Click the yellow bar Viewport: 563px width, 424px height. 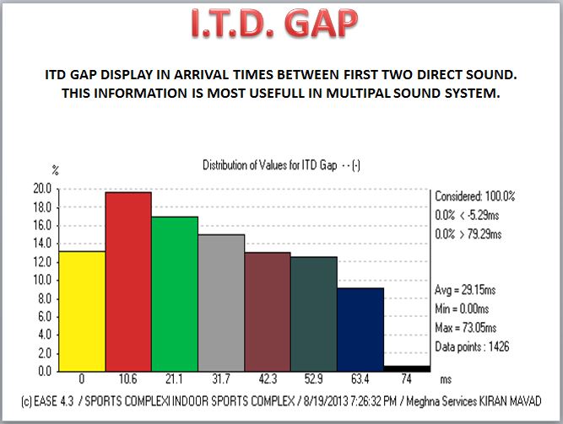click(81, 311)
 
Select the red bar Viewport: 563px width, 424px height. click(127, 282)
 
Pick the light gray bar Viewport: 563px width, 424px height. click(220, 303)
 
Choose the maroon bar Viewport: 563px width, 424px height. click(267, 311)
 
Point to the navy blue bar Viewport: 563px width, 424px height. click(360, 329)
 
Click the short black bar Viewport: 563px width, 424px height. click(406, 368)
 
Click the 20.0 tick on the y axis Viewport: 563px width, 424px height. click(41, 188)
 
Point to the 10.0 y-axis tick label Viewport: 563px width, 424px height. click(41, 280)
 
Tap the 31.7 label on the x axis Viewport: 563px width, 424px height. click(221, 378)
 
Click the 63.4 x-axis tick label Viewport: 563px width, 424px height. click(360, 378)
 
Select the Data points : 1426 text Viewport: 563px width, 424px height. click(472, 346)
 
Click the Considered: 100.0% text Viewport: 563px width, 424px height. click(474, 196)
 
